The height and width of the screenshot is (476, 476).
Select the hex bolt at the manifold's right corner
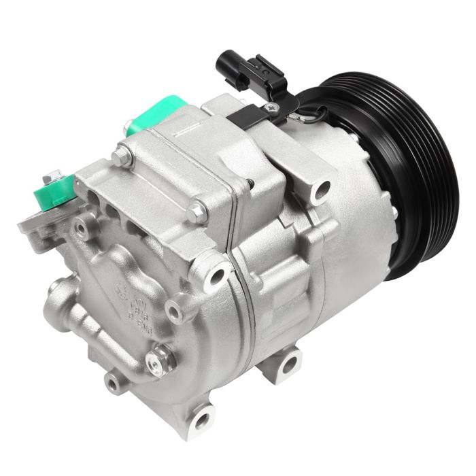click(x=198, y=211)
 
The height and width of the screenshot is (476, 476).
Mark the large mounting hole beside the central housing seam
click(x=218, y=275)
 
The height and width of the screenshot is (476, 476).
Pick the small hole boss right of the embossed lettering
click(x=174, y=311)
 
